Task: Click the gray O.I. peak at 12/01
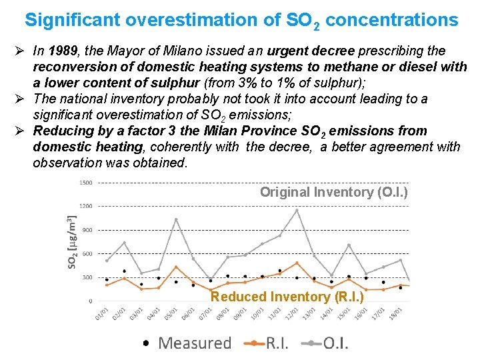pos(297,210)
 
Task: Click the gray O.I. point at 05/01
pos(176,219)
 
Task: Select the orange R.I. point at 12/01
pos(297,263)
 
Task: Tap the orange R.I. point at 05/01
pos(176,267)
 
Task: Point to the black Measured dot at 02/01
pos(124,271)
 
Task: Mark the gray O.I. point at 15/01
pos(349,245)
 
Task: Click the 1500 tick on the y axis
pos(85,183)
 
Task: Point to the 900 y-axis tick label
pos(87,230)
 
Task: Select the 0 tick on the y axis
pos(91,301)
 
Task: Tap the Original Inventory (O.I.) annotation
pos(334,192)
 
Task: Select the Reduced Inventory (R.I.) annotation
pos(287,297)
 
